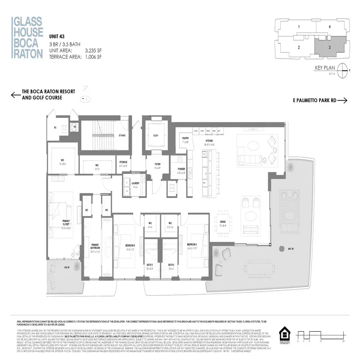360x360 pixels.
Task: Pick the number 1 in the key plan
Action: tap(298, 27)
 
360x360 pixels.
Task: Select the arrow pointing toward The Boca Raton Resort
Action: tap(16, 94)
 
